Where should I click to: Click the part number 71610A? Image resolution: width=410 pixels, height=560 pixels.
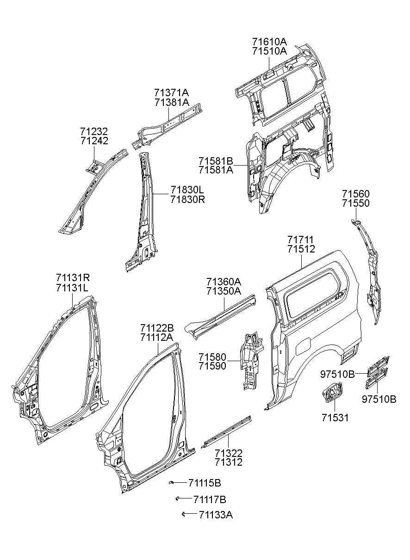[x=269, y=41]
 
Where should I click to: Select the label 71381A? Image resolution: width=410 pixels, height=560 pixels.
[x=172, y=102]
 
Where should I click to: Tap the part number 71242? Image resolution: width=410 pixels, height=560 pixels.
[x=94, y=141]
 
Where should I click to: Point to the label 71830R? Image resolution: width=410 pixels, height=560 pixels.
[x=187, y=199]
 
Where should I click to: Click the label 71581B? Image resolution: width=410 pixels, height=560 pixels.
[x=216, y=160]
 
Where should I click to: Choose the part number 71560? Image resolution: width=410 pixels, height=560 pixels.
[x=356, y=194]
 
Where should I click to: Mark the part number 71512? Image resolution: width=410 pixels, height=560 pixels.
[x=301, y=249]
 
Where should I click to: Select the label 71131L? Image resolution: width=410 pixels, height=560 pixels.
[x=72, y=288]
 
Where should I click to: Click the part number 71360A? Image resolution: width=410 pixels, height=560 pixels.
[x=224, y=282]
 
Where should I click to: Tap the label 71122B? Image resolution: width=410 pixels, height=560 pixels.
[x=157, y=328]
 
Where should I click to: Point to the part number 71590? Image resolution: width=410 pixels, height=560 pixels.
[x=212, y=366]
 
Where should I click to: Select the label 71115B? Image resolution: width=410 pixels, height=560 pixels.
[x=205, y=483]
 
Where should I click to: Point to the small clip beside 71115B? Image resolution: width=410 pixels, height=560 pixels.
[x=171, y=482]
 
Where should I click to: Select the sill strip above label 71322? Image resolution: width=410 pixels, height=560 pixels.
[x=226, y=432]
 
